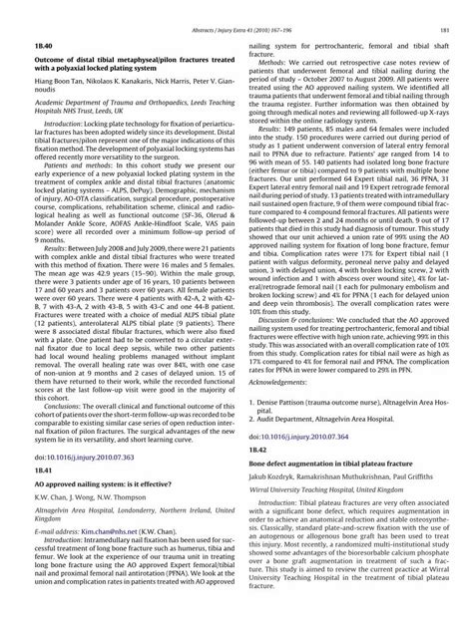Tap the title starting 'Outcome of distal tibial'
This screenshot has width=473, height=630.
[x=124, y=56]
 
